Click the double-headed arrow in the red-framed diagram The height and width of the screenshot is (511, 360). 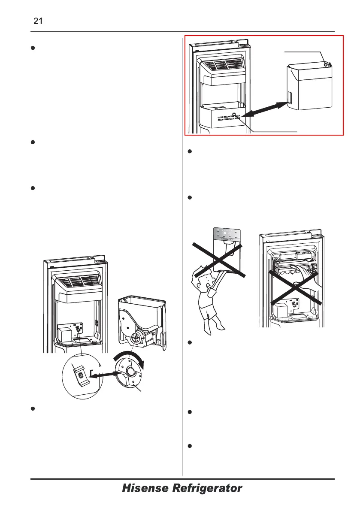pyautogui.click(x=263, y=109)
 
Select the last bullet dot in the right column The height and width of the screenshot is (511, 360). pyautogui.click(x=190, y=446)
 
